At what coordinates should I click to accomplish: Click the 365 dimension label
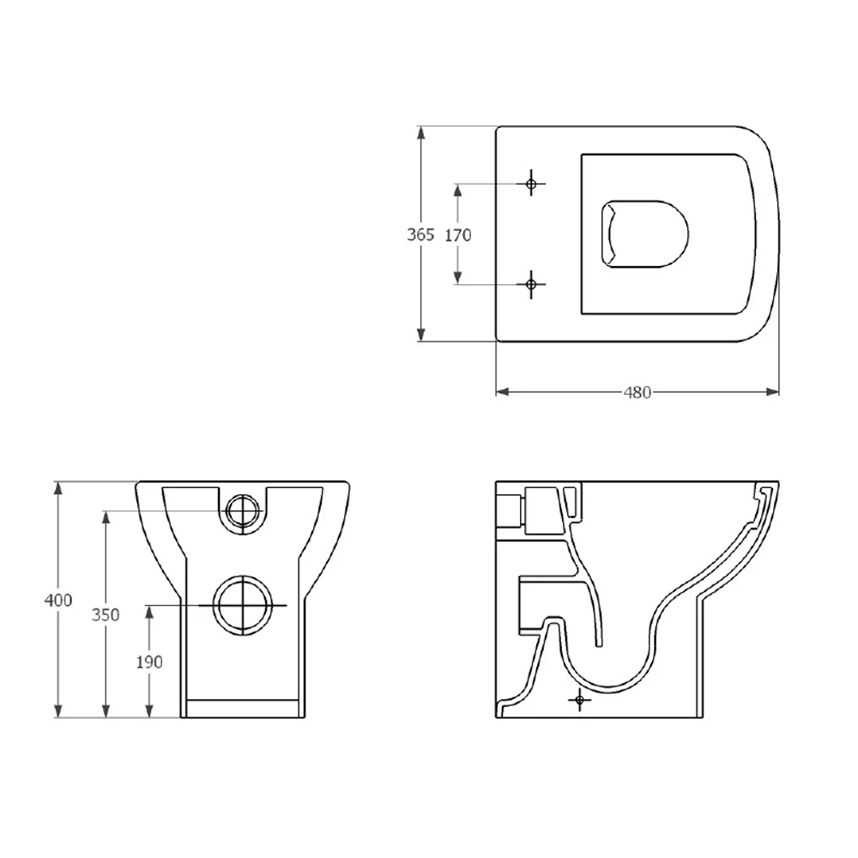420,234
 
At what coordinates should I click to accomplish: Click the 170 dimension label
458,234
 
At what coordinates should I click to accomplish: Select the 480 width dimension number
637,392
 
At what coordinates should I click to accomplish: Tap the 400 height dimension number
58,600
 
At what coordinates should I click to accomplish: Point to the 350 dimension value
106,614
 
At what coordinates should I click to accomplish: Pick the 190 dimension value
149,662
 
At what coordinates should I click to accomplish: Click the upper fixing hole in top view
532,184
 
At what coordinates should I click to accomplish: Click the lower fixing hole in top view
532,284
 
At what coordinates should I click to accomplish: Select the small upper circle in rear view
243,511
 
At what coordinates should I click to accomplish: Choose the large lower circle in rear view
243,605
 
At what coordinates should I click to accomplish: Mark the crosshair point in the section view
581,700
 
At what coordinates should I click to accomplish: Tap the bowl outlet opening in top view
645,234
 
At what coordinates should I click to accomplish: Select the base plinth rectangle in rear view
243,708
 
